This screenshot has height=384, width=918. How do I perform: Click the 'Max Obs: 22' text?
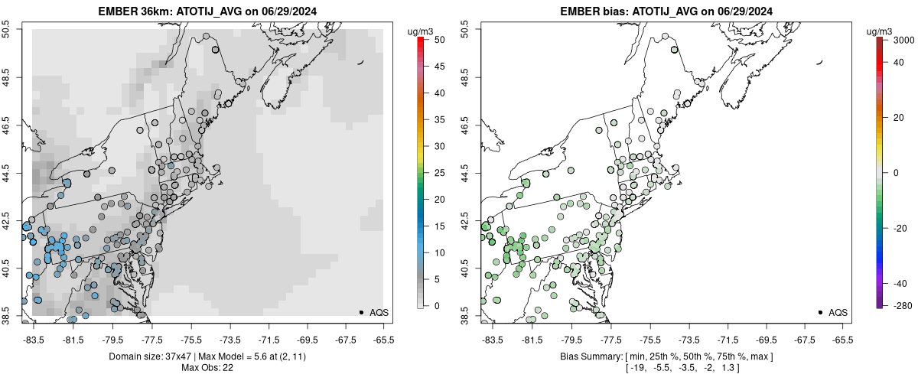click(207, 368)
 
